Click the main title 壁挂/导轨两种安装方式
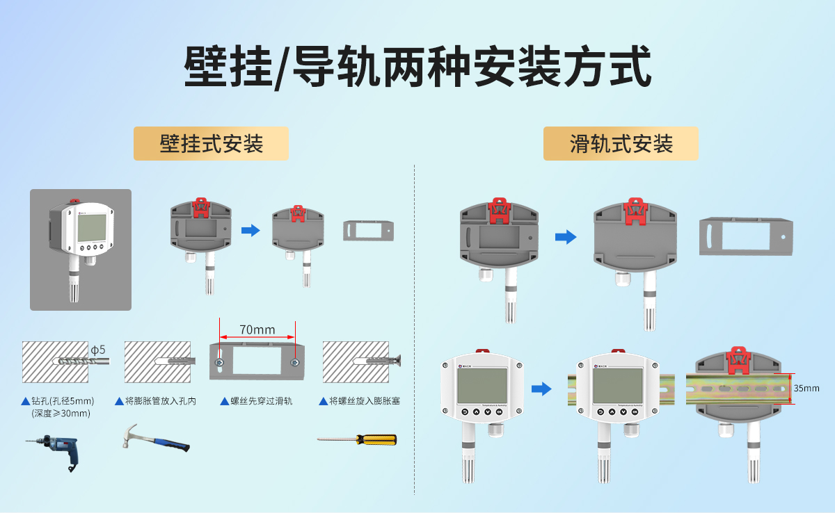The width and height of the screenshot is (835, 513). (x=417, y=67)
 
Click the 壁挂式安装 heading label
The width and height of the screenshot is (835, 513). (x=212, y=144)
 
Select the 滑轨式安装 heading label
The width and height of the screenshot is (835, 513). (x=621, y=144)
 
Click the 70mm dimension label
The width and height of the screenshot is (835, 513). (x=257, y=329)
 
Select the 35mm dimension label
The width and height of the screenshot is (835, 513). (x=806, y=388)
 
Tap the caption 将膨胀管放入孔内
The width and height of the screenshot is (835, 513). (x=160, y=401)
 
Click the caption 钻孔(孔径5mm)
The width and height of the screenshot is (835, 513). (x=62, y=401)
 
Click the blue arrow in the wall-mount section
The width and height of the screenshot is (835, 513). (x=250, y=230)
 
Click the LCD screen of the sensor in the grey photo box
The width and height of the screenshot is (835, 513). (x=92, y=226)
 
